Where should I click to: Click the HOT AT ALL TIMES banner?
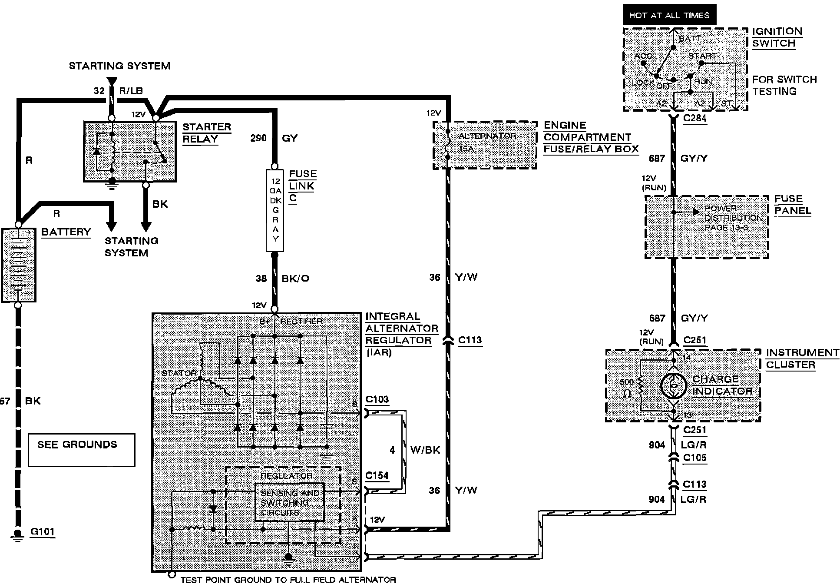(x=669, y=15)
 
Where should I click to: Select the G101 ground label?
(x=43, y=531)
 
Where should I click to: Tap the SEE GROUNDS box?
(x=82, y=450)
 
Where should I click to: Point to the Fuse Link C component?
(x=274, y=210)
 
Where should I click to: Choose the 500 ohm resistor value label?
(x=627, y=388)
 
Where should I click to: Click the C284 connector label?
(x=694, y=118)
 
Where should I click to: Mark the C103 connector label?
(x=377, y=399)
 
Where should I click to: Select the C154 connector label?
(x=377, y=475)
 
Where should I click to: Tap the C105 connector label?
(x=694, y=458)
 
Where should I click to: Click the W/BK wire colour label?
(x=425, y=450)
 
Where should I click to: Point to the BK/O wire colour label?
(x=295, y=279)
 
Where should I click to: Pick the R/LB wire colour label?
(x=130, y=91)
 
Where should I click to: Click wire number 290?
(x=258, y=138)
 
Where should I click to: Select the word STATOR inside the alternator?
(x=179, y=373)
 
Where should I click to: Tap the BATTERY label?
(x=66, y=232)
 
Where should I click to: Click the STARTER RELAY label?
(x=206, y=133)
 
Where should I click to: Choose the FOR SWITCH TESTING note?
(x=784, y=85)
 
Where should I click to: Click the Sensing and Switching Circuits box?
(x=289, y=502)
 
